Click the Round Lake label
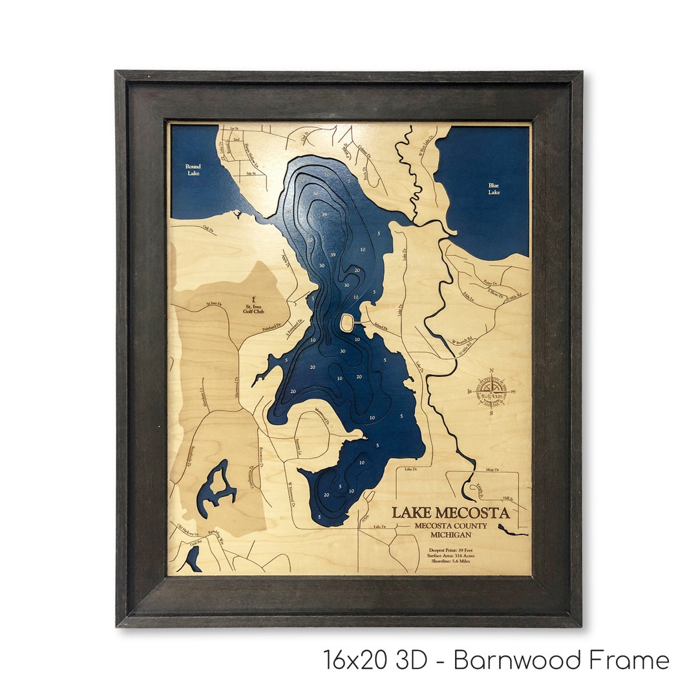tap(193, 169)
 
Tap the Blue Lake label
tap(494, 189)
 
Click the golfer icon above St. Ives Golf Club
tap(246, 298)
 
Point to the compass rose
tap(491, 391)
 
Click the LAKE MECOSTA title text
tap(450, 513)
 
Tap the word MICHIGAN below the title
tap(452, 534)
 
